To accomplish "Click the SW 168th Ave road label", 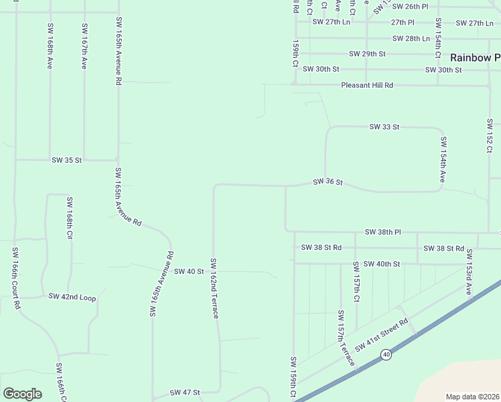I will (50, 48).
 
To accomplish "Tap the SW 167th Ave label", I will (84, 48).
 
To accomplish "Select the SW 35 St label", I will (66, 160).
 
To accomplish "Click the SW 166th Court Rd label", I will (15, 277).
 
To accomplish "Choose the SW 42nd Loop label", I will (72, 297).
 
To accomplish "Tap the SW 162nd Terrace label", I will (214, 288).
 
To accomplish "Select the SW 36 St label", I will (328, 182).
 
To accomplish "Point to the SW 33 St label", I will (384, 127).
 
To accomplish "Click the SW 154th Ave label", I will (443, 160).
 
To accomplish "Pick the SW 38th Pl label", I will (382, 232).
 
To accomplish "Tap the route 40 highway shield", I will (386, 354).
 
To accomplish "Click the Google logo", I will (22, 394).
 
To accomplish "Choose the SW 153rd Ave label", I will (470, 272).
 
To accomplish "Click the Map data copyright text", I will (472, 397).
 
